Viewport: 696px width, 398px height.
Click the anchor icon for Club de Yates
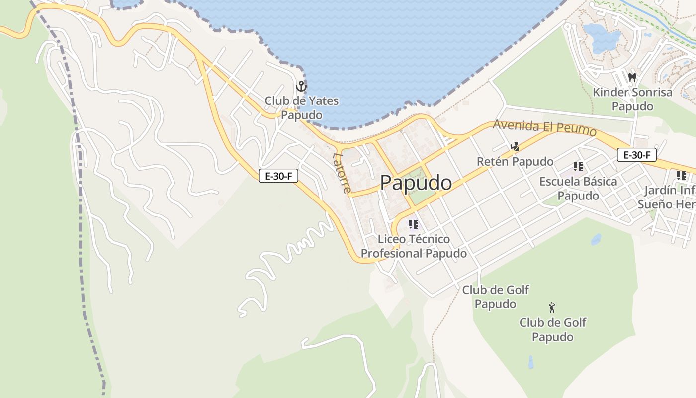click(301, 86)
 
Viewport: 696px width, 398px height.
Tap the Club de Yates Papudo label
click(301, 108)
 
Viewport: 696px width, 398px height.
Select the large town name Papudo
click(416, 183)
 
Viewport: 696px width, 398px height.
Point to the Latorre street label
click(342, 173)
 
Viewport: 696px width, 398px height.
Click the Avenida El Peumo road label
click(544, 128)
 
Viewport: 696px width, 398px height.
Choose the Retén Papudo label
click(515, 162)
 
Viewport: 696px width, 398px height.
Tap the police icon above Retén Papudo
click(515, 147)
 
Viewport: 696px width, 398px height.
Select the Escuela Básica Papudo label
click(578, 188)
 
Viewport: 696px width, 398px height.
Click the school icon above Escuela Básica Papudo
click(578, 166)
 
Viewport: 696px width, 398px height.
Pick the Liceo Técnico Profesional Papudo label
click(414, 246)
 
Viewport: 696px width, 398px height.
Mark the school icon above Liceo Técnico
click(413, 224)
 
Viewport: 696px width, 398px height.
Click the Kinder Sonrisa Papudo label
click(632, 99)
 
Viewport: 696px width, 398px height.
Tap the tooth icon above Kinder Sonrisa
click(632, 77)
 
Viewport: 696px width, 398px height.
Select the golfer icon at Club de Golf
click(551, 307)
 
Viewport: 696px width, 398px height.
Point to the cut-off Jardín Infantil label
click(666, 197)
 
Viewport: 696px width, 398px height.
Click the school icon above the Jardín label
click(682, 176)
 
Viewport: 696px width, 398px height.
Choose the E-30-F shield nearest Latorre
click(278, 176)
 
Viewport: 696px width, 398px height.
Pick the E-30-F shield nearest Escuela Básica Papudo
click(636, 155)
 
